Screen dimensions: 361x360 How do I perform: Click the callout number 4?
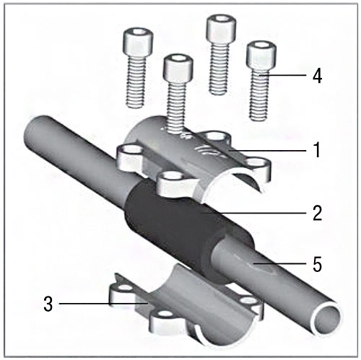point(317,76)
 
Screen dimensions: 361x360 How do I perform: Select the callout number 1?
point(318,149)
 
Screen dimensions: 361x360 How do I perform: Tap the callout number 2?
point(317,213)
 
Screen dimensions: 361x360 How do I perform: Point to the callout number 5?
point(317,264)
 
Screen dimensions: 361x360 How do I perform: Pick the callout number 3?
point(48,304)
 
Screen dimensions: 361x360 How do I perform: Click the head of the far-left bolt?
point(138,42)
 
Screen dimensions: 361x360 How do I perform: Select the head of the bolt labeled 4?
point(261,55)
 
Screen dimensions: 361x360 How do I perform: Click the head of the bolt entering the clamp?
point(178,67)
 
